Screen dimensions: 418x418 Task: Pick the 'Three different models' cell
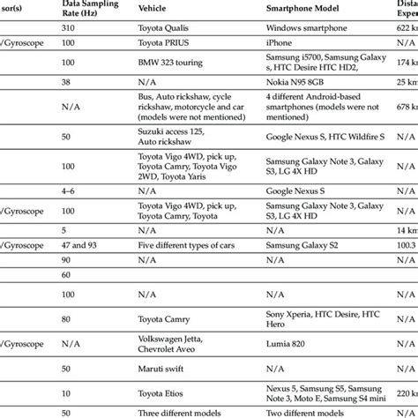tap(179, 412)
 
